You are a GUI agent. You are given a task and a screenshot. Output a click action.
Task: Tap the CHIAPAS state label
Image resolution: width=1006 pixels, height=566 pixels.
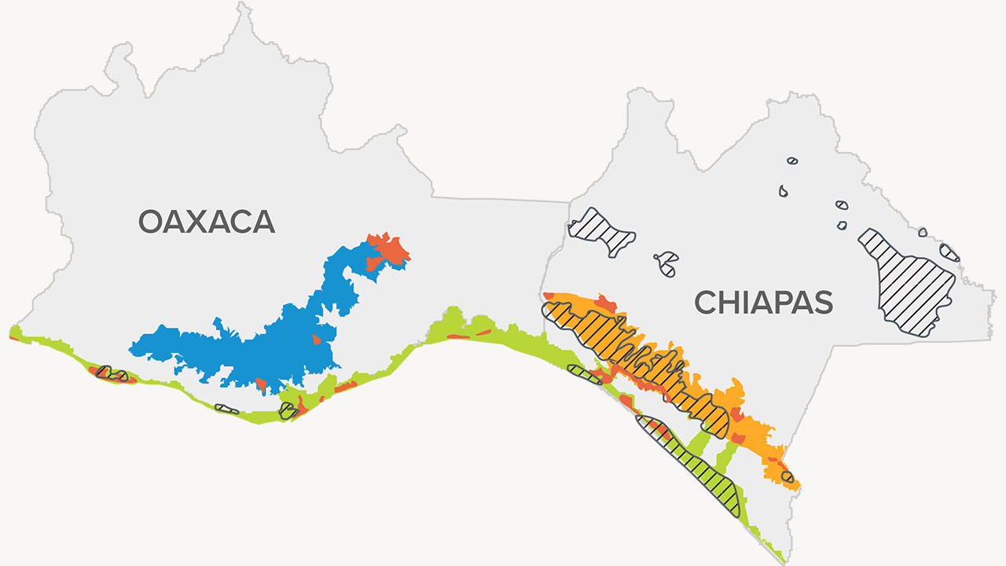[x=763, y=302]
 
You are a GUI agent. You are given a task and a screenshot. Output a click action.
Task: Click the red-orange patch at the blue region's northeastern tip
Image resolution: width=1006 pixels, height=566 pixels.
[x=391, y=250]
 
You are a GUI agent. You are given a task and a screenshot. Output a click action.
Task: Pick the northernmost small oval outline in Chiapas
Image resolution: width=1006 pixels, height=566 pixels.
[x=792, y=161]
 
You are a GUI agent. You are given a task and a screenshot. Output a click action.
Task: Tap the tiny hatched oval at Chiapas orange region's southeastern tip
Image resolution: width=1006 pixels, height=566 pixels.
[x=788, y=476]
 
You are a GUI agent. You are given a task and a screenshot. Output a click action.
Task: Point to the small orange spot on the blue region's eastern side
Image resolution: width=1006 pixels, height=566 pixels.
[x=316, y=340]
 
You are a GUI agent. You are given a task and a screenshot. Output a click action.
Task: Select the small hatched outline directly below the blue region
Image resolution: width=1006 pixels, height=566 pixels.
[x=227, y=409]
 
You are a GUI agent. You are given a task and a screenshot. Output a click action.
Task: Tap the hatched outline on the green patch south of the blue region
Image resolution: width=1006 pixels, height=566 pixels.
[x=288, y=410]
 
